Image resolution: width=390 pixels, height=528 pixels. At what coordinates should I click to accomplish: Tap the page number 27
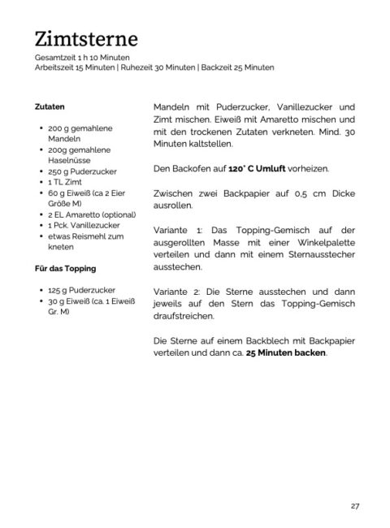click(x=355, y=505)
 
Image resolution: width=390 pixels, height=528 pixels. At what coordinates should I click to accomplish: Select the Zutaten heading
click(x=50, y=106)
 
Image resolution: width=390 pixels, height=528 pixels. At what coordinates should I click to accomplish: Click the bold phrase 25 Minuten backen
click(x=285, y=353)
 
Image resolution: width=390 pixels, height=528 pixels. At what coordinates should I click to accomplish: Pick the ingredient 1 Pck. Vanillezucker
click(x=84, y=225)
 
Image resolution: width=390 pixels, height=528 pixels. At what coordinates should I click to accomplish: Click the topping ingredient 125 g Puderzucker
click(x=80, y=289)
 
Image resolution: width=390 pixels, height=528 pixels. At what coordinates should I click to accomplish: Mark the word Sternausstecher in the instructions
click(x=320, y=254)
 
